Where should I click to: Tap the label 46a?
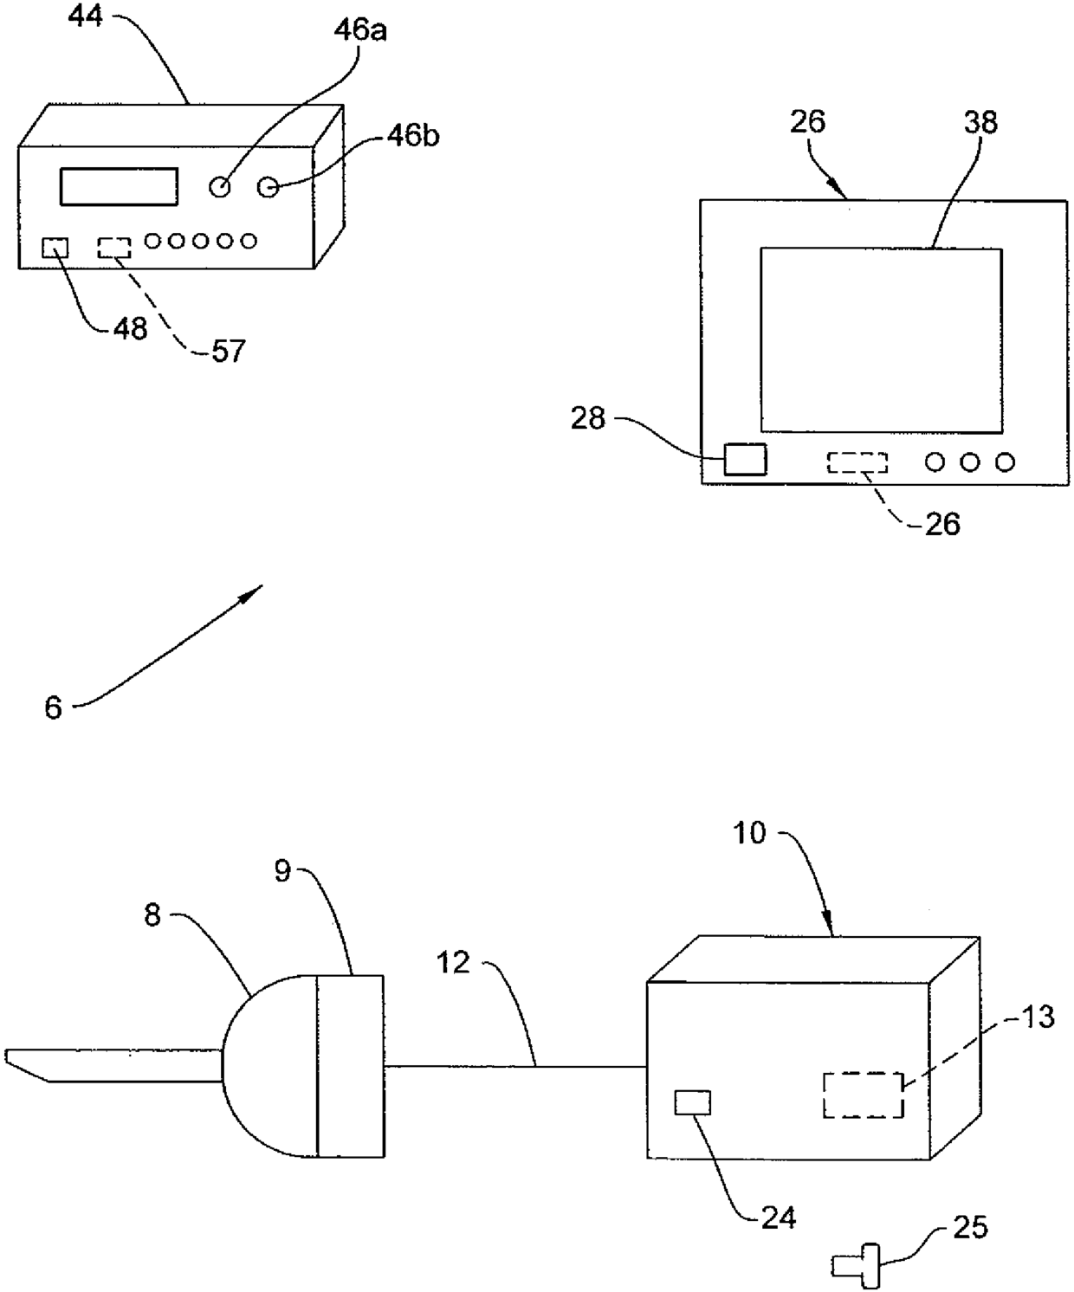(x=360, y=31)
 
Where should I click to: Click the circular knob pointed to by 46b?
(x=268, y=186)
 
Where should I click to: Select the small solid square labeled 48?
(x=55, y=248)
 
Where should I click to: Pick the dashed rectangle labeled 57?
(x=113, y=248)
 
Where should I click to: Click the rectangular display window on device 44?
(x=119, y=186)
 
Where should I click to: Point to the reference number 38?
(x=980, y=122)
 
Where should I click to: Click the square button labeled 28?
(x=745, y=459)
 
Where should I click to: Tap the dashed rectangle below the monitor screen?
(x=857, y=462)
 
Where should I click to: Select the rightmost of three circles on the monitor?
(x=1005, y=462)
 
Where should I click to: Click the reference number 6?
(x=54, y=707)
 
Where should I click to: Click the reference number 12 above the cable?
(x=452, y=962)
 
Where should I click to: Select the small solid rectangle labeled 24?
(x=693, y=1102)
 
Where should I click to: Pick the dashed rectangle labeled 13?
(x=863, y=1095)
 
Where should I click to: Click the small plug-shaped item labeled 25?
(x=857, y=1266)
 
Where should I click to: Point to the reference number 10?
(x=750, y=833)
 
